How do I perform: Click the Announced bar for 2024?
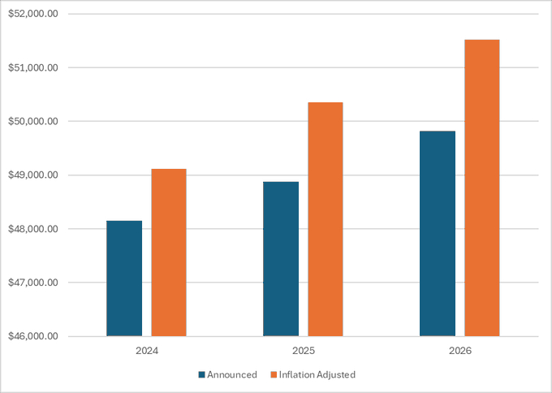tap(124, 279)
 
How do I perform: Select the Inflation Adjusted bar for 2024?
tap(169, 253)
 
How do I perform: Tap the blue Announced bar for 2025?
tap(281, 259)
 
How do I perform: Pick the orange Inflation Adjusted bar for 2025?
tap(326, 219)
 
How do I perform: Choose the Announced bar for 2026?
tap(438, 234)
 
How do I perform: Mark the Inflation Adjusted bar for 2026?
tap(482, 188)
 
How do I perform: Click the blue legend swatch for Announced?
tap(201, 375)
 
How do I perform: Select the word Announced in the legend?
tap(232, 375)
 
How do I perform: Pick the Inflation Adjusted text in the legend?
tap(317, 375)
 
